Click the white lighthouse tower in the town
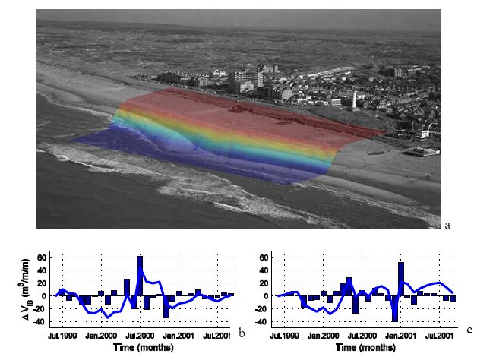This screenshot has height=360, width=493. tap(353, 99)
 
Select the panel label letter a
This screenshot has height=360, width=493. tap(447, 224)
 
